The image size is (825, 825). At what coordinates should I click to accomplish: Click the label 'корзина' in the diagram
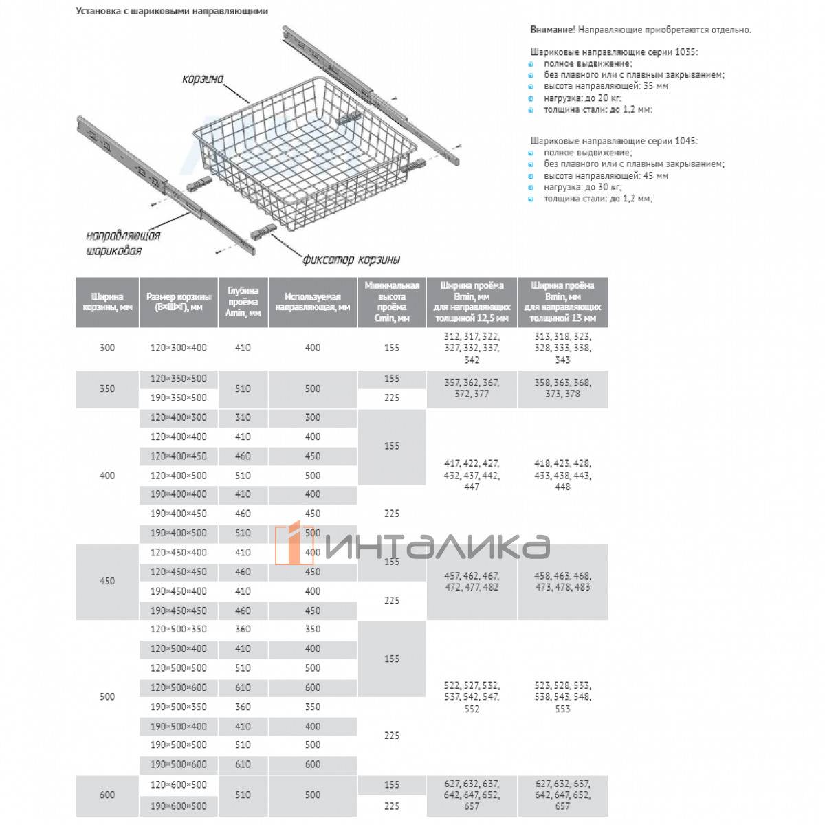(x=203, y=79)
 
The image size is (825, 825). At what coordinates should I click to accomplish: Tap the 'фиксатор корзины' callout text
(x=351, y=259)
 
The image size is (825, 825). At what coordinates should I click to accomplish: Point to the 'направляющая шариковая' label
(x=123, y=243)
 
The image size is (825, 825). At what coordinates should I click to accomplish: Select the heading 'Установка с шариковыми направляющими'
(x=172, y=11)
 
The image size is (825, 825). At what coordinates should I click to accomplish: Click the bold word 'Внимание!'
(x=553, y=30)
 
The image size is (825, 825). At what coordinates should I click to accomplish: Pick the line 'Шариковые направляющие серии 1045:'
(x=614, y=141)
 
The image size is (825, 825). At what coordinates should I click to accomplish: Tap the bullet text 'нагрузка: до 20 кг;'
(x=582, y=98)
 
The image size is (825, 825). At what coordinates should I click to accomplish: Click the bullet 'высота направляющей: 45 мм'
(x=606, y=175)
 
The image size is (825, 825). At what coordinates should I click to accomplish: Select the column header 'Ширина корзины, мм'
(x=107, y=302)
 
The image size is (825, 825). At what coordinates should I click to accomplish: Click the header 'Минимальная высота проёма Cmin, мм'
(x=392, y=302)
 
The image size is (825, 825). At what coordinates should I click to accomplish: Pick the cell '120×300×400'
(x=179, y=348)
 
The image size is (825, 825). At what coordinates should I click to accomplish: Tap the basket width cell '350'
(x=107, y=388)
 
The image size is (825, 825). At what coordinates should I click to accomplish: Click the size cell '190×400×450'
(x=179, y=514)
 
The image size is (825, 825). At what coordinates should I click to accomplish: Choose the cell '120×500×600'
(x=179, y=687)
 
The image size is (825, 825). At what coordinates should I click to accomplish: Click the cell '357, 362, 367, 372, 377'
(x=472, y=388)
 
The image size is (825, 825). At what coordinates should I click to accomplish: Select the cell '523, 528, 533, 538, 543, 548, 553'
(x=562, y=696)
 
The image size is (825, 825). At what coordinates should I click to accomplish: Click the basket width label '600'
(x=107, y=795)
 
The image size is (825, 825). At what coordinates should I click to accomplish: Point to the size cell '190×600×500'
(x=179, y=806)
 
